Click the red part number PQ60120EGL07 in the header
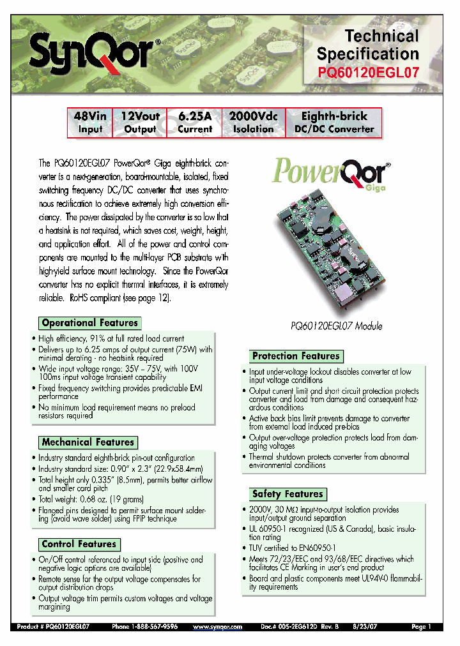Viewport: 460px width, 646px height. [369, 73]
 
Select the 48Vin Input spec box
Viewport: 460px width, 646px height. [90, 123]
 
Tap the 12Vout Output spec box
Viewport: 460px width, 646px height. [140, 123]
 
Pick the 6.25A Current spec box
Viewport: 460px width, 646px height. [195, 123]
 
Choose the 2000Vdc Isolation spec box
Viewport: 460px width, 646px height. [253, 123]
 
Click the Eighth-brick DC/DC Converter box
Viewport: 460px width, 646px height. [333, 123]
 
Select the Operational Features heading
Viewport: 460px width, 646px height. [89, 323]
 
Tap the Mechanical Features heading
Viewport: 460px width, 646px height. [88, 442]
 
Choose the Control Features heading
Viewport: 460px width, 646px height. [79, 544]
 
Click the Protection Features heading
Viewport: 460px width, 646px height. [296, 356]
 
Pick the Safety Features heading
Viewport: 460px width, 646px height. [287, 493]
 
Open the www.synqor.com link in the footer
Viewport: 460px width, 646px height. [217, 627]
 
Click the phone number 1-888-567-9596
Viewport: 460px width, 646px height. [154, 627]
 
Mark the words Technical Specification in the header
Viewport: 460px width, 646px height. [369, 45]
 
